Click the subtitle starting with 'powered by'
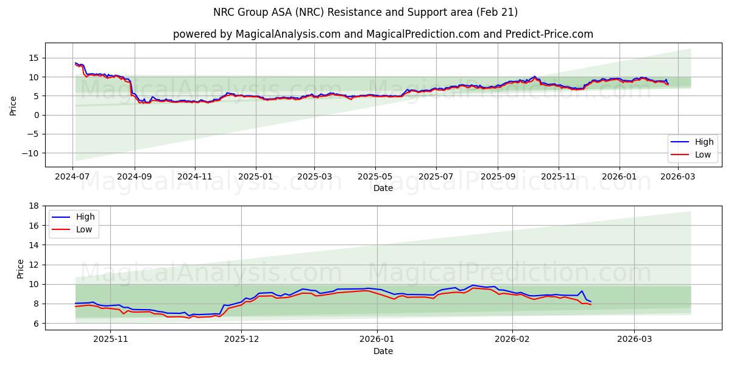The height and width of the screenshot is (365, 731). point(383,34)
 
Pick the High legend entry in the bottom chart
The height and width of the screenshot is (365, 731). point(84,217)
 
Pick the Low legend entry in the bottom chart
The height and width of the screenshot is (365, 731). point(84,229)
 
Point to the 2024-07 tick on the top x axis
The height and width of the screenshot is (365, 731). point(72,176)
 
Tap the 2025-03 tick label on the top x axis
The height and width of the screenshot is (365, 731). point(314,176)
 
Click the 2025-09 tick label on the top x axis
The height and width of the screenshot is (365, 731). point(498,176)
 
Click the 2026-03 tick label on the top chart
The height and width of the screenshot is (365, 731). point(679,176)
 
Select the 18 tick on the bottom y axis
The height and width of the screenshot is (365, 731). point(34,206)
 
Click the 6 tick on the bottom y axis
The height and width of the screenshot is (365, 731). point(37,323)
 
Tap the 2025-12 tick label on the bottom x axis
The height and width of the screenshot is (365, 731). point(241,339)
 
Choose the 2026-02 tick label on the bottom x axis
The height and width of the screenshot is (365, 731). point(512,339)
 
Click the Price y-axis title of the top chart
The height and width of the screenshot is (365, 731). point(13,105)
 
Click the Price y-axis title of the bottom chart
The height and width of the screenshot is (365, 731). point(20,268)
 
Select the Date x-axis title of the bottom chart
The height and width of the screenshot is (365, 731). point(383,351)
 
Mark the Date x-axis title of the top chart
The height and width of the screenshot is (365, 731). point(383,189)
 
